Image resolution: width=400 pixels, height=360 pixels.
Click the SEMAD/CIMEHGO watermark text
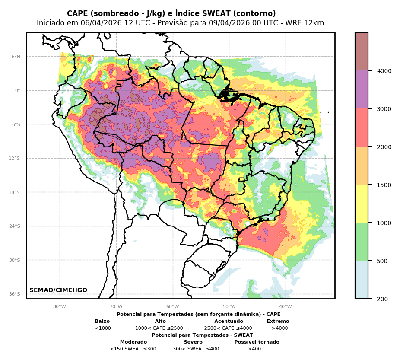[58, 290]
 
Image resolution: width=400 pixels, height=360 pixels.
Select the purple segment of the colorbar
[362, 89]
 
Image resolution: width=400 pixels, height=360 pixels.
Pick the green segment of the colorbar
[362, 242]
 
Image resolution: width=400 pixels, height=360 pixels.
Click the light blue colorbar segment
[362, 280]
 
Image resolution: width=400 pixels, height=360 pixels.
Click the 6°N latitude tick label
[16, 57]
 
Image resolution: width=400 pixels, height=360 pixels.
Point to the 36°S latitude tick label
[15, 294]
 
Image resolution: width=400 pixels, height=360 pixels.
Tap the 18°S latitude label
[15, 193]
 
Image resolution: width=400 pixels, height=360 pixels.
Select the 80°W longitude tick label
[60, 307]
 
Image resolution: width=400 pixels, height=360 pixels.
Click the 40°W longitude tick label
[285, 307]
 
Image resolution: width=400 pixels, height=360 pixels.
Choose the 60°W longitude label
[172, 307]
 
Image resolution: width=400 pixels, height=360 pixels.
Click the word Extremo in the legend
[278, 322]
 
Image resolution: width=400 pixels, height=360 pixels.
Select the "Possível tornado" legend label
[257, 342]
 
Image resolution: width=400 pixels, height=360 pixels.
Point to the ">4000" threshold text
[279, 328]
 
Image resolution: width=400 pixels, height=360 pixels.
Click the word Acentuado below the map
[229, 322]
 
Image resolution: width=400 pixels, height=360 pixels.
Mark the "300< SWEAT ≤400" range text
[196, 349]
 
